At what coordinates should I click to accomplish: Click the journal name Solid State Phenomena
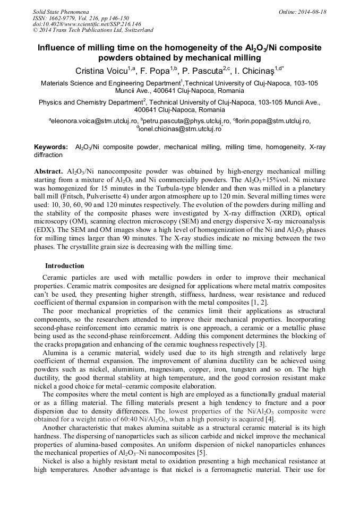tap(61, 12)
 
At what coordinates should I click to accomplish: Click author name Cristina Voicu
tap(102, 71)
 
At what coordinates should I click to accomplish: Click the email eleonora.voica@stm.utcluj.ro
tap(90, 121)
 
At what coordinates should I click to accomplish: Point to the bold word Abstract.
tap(49, 172)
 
